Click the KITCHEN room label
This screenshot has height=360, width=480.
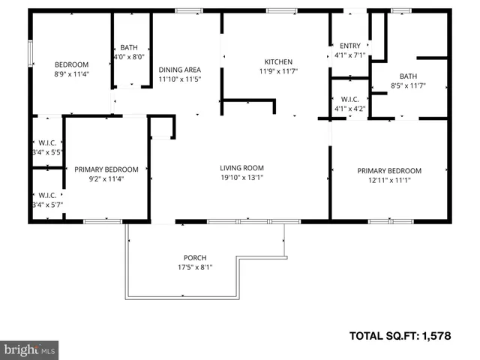[x=277, y=62]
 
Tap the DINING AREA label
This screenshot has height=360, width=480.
[x=180, y=69]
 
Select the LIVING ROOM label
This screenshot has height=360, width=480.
[x=241, y=168]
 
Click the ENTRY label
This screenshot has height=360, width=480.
[x=350, y=46]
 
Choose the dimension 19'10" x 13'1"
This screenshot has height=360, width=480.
[x=241, y=178]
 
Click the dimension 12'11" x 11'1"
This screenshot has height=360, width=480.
[x=389, y=181]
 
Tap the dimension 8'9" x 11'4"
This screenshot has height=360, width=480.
[x=71, y=74]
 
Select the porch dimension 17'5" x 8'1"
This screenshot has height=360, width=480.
[x=195, y=267]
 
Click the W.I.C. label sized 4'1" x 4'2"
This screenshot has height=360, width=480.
[x=350, y=98]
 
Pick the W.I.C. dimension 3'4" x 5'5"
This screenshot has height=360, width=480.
[x=46, y=151]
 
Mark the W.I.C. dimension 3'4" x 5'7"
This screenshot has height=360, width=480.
[x=46, y=204]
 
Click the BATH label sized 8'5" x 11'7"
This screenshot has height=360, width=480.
[x=408, y=76]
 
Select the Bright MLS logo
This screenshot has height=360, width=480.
[x=30, y=349]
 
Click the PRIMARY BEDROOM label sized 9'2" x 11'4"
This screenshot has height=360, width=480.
[x=106, y=169]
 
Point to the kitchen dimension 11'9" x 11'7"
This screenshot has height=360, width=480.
[x=277, y=72]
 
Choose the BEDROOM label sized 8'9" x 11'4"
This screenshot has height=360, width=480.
[x=71, y=64]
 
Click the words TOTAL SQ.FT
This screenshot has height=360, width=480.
[x=388, y=335]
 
